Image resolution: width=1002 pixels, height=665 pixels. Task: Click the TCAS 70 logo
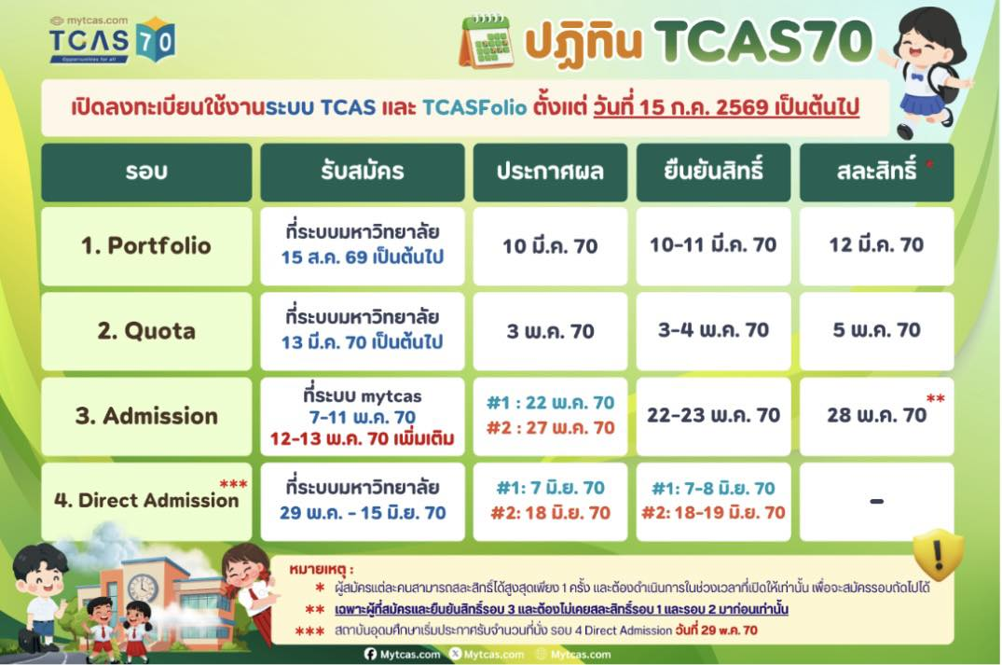coord(112,39)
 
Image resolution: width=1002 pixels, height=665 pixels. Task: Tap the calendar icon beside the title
coord(486,41)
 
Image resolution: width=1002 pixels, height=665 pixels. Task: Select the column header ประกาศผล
coord(550,172)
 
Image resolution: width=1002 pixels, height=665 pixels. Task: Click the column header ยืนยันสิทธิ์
coord(713,172)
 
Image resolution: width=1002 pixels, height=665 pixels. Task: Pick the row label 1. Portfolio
coord(145,246)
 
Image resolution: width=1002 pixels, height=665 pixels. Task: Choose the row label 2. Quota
coord(145,331)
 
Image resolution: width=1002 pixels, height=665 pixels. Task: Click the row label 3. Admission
coord(145,416)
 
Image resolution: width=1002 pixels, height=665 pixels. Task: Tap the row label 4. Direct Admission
coord(145,500)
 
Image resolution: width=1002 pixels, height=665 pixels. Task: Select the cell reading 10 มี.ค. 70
coord(550,246)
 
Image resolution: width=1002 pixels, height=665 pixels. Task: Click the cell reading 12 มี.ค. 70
coord(876,245)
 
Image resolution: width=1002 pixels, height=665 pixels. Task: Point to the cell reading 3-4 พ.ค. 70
coord(713,330)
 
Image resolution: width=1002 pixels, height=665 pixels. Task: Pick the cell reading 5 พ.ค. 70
coord(876,330)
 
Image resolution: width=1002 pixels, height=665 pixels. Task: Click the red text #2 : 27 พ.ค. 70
coord(550,428)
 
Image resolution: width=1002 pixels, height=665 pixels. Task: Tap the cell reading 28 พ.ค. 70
coord(876,415)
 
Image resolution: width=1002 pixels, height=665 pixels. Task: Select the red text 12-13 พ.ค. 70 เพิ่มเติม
coord(363,437)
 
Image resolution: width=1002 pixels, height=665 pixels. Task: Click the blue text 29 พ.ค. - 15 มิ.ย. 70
coord(363,513)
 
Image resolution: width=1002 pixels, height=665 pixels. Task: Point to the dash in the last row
coord(876,502)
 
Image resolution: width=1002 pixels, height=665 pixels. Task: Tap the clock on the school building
coord(143,588)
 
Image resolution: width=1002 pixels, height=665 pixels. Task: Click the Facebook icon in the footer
coord(371,655)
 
